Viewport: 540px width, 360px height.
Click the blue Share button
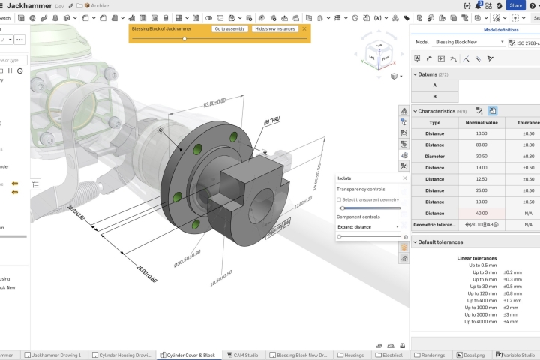click(515, 5)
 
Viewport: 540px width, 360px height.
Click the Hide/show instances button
click(276, 28)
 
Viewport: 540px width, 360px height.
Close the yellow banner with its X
click(304, 28)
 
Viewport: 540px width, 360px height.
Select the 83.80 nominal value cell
click(481, 145)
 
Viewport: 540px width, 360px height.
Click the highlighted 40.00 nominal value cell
click(481, 213)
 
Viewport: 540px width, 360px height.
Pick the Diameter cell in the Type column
click(435, 157)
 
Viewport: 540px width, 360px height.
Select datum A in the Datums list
click(435, 85)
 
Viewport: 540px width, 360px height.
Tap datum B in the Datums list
click(435, 97)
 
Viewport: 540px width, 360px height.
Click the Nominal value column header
click(481, 122)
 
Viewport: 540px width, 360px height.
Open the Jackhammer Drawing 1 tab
click(57, 355)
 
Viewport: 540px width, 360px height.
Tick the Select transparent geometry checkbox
click(339, 199)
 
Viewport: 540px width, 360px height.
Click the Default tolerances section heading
click(440, 242)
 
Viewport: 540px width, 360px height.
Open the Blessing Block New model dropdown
click(469, 43)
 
